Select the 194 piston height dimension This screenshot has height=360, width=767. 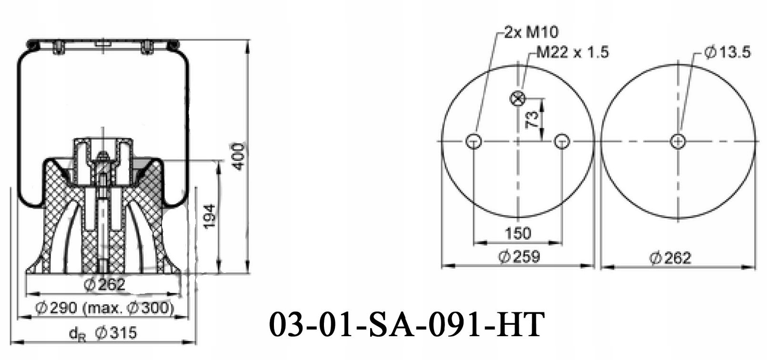pyautogui.click(x=210, y=216)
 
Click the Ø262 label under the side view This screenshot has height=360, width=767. pyautogui.click(x=104, y=284)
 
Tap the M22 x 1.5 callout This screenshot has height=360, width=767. pyautogui.click(x=572, y=52)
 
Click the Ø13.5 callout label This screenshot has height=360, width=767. pyautogui.click(x=727, y=52)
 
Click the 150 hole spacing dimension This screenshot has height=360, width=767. pyautogui.click(x=517, y=233)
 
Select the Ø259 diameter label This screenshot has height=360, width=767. pyautogui.click(x=519, y=257)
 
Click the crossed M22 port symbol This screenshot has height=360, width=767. pyautogui.click(x=517, y=99)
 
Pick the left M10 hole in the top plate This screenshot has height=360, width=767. pyautogui.click(x=474, y=141)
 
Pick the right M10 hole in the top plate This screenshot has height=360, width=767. pyautogui.click(x=562, y=141)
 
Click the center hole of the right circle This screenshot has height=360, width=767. pyautogui.click(x=678, y=141)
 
